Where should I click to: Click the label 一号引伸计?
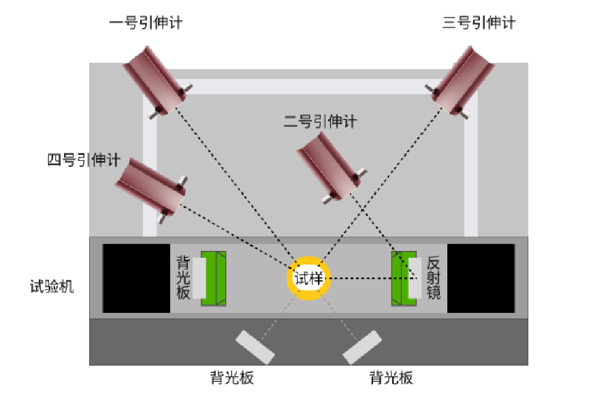(x=146, y=22)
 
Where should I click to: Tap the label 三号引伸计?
(x=479, y=22)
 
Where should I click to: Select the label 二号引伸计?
(x=320, y=122)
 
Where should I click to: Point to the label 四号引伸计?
(x=83, y=161)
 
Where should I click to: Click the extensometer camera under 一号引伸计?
(x=155, y=80)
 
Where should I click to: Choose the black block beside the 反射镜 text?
(x=481, y=278)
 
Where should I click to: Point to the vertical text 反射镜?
(x=434, y=278)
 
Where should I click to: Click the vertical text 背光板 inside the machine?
(x=182, y=278)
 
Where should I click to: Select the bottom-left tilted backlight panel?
(x=255, y=346)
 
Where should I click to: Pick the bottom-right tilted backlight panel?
(x=362, y=347)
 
